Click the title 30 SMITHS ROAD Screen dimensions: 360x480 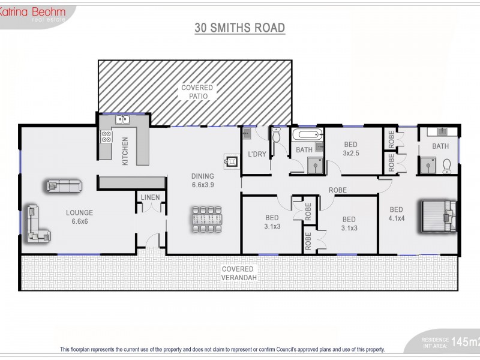[x=239, y=28]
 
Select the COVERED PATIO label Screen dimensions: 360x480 [x=197, y=92]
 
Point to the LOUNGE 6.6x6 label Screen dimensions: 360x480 [x=79, y=217]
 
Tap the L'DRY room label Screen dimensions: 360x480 [x=257, y=154]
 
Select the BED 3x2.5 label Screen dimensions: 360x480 [x=350, y=148]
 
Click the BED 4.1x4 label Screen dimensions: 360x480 [x=397, y=214]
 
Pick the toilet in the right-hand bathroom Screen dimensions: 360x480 [x=447, y=164]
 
